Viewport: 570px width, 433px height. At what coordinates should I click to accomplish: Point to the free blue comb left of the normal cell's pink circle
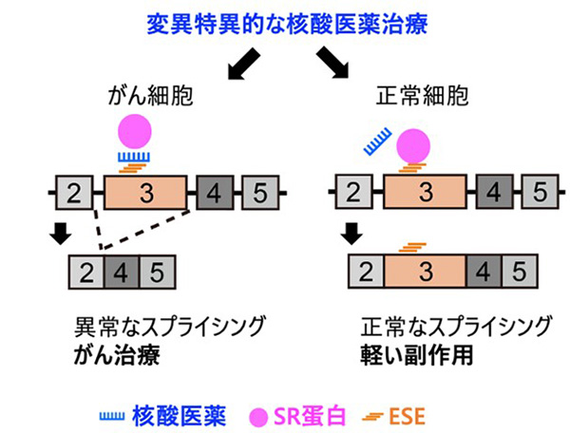[x=377, y=143]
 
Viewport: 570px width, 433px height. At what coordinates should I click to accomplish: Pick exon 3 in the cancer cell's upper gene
[x=144, y=194]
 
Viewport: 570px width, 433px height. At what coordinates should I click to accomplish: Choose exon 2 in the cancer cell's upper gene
[x=76, y=194]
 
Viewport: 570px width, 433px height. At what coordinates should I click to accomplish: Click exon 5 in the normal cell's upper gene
[x=537, y=194]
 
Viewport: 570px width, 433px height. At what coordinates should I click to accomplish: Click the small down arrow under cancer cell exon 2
[x=61, y=234]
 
